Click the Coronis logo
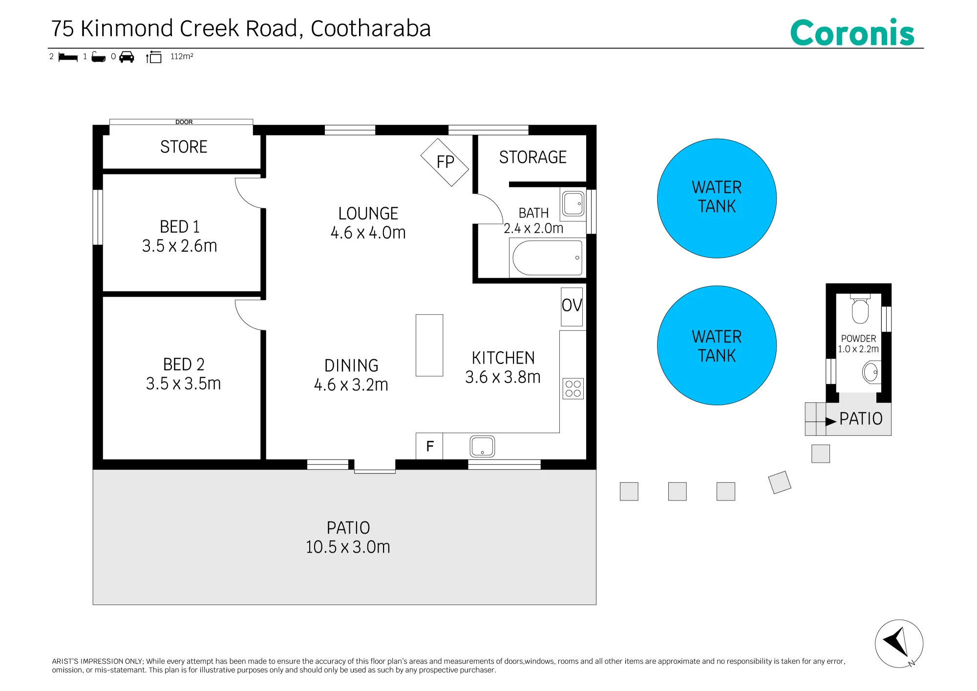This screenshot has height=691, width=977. (x=852, y=33)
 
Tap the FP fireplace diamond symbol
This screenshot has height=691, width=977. (x=445, y=162)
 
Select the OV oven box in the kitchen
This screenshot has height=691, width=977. (x=572, y=306)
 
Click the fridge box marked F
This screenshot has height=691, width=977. (x=429, y=446)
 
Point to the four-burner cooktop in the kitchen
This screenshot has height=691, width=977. (x=573, y=389)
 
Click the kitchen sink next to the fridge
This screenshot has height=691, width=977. (x=482, y=446)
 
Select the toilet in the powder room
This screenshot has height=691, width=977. (x=860, y=309)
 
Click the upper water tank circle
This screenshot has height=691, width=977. (x=717, y=198)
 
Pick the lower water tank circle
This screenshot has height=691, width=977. (x=717, y=345)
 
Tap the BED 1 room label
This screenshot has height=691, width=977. (x=180, y=227)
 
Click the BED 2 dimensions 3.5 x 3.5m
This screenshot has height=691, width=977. (x=183, y=384)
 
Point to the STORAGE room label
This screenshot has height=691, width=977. (x=532, y=157)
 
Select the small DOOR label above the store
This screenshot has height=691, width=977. (x=184, y=122)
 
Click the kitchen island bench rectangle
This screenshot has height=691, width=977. (x=429, y=345)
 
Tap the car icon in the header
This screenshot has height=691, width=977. (x=127, y=57)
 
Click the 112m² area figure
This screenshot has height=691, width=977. (x=182, y=56)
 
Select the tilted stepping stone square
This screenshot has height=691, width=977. (x=780, y=482)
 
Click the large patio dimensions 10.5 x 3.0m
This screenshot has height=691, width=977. (x=348, y=547)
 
